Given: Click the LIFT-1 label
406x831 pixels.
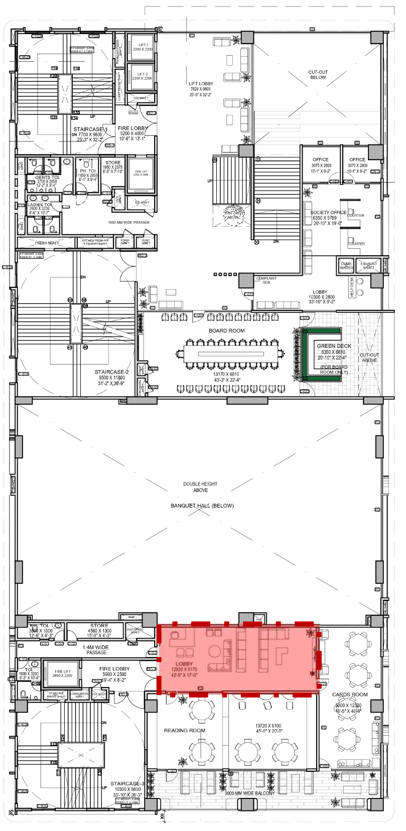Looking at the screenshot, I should tap(143, 45).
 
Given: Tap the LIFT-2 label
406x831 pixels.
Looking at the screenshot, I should tap(143, 74).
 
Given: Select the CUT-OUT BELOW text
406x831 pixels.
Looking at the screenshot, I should tap(318, 75).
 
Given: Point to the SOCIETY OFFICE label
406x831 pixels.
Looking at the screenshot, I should tap(328, 213).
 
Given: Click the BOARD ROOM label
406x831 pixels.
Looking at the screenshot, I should tap(226, 330).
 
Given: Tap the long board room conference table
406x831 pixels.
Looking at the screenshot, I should tap(231, 354).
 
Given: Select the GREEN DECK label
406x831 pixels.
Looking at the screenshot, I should tap(334, 346).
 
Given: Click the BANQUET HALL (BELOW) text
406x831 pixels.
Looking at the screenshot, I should tap(202, 506).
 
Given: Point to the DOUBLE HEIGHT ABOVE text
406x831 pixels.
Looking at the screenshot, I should tap(200, 487).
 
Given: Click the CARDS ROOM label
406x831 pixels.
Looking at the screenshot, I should tap(350, 695).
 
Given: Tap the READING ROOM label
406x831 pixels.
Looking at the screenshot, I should tap(184, 731).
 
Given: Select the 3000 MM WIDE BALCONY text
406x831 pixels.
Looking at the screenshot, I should tap(249, 793).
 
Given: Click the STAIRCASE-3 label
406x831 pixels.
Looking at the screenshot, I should tap(127, 783).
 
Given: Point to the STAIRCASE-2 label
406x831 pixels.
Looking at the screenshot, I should tap(111, 372).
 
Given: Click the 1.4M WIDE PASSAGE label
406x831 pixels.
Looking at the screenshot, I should tap(95, 650).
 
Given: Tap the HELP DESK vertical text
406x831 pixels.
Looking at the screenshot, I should tap(352, 287).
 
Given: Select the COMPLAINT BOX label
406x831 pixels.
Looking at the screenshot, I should tap(266, 280).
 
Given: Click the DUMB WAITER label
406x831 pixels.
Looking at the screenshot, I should tap(346, 265).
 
